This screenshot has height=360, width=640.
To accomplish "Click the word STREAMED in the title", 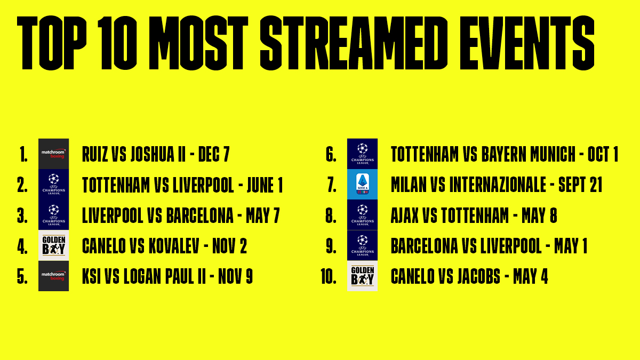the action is click(x=354, y=43).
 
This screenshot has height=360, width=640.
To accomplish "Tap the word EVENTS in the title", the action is click(x=527, y=43).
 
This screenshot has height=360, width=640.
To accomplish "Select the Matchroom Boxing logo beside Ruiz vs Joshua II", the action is click(x=54, y=154).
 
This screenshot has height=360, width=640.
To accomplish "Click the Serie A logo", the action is click(x=362, y=185).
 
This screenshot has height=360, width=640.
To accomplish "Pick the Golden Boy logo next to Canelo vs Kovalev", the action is click(x=54, y=245).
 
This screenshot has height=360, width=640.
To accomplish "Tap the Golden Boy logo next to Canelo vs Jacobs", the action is click(x=362, y=276).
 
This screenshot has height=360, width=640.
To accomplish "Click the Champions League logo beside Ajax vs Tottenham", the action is click(x=362, y=215).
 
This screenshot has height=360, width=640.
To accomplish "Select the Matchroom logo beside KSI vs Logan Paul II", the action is click(x=54, y=276).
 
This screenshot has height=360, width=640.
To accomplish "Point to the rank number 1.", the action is click(x=23, y=155).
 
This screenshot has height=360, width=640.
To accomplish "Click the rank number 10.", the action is click(x=329, y=276).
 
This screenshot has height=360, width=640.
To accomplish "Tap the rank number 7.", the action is click(x=332, y=185).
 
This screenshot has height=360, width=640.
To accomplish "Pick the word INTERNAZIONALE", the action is click(x=498, y=185).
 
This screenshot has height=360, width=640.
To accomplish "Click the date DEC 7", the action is click(x=214, y=154).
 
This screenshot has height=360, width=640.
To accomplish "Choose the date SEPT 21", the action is click(x=580, y=185).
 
